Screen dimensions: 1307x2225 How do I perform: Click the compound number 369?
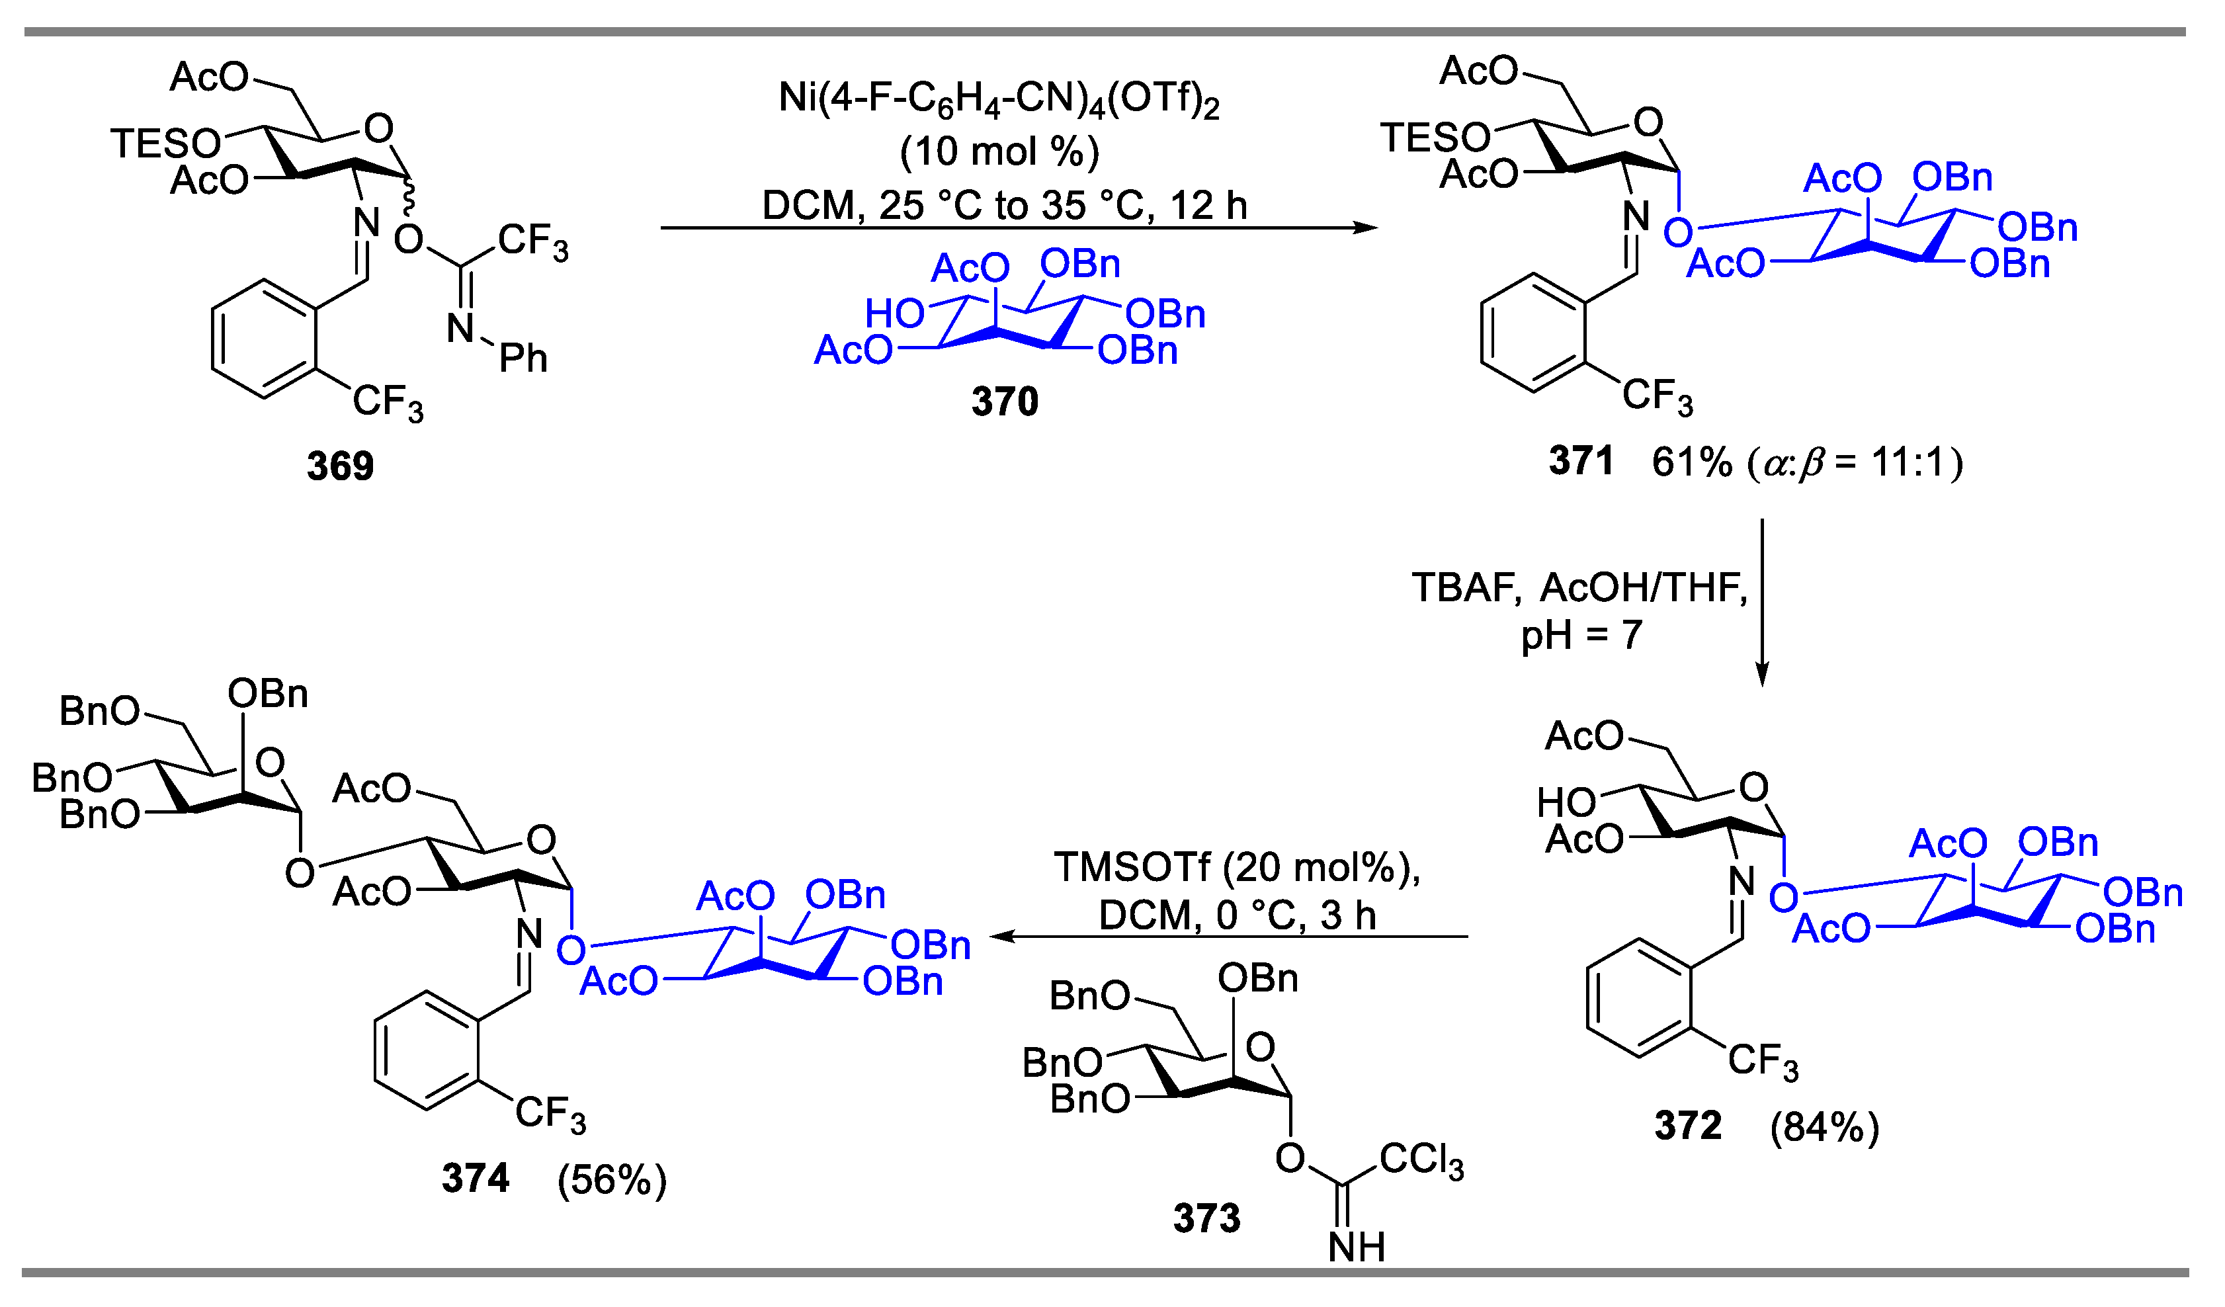point(341,466)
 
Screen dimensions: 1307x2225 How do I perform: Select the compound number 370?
point(1005,401)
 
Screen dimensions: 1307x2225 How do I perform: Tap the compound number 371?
point(1581,461)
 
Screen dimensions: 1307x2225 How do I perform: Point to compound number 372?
point(1688,1125)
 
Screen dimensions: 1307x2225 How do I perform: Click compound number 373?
point(1207,1218)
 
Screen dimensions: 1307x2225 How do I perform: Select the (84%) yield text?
point(1825,1127)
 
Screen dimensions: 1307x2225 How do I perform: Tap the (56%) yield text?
point(612,1180)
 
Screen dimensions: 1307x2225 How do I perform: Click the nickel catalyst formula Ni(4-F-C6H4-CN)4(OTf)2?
point(999,99)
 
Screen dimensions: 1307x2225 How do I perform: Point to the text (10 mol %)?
point(999,152)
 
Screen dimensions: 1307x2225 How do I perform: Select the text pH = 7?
point(1581,635)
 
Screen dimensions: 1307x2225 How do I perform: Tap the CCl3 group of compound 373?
point(1421,1159)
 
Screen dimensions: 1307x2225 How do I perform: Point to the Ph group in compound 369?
point(524,358)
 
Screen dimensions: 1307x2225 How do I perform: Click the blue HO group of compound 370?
point(894,314)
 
